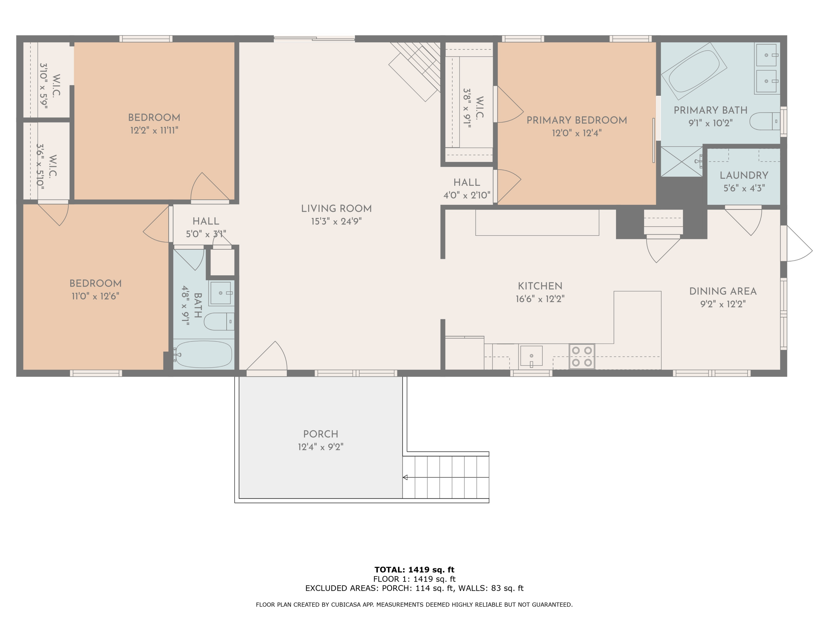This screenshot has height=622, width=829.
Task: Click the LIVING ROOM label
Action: pyautogui.click(x=336, y=208)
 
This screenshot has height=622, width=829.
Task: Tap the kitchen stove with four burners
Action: pyautogui.click(x=582, y=356)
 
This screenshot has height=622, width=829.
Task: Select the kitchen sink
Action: pyautogui.click(x=531, y=356)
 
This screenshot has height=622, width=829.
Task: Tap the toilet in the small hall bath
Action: pyautogui.click(x=219, y=321)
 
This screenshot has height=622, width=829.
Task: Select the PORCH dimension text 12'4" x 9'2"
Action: pyautogui.click(x=321, y=447)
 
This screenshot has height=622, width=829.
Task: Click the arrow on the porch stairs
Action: pyautogui.click(x=405, y=477)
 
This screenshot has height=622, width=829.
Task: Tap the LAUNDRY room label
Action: pyautogui.click(x=744, y=175)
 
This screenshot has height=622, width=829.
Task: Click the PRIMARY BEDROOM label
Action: pyautogui.click(x=576, y=120)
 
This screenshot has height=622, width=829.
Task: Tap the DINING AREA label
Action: pyautogui.click(x=723, y=291)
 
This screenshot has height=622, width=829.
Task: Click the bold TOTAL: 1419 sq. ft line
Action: pyautogui.click(x=414, y=569)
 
